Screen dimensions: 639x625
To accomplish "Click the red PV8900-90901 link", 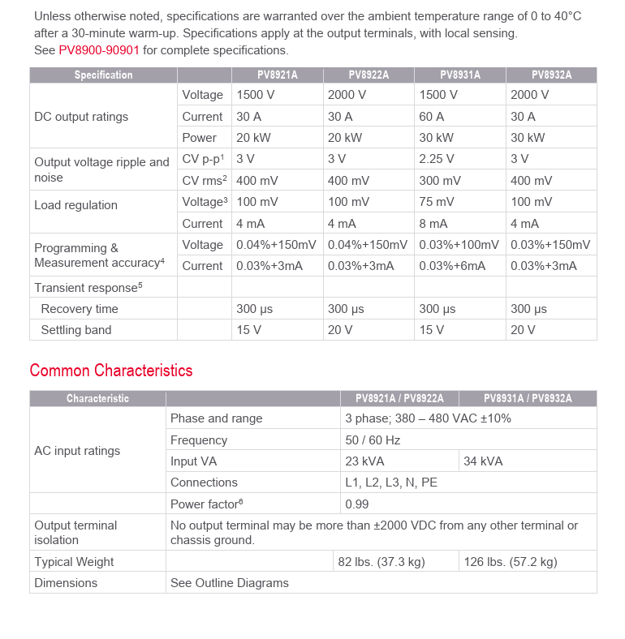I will click(99, 50).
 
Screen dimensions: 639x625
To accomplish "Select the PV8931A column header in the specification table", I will click(460, 75).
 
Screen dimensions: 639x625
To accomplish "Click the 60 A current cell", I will click(432, 117).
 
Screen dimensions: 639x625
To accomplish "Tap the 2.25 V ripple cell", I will click(437, 159).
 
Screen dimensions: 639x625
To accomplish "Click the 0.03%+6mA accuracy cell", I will click(452, 266).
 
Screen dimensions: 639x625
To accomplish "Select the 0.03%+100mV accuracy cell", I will click(459, 245).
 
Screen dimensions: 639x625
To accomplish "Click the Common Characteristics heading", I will click(111, 371).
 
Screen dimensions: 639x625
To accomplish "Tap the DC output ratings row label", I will click(81, 117).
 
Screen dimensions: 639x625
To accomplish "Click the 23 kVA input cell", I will click(364, 461).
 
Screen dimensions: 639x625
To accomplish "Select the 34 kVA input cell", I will click(483, 461).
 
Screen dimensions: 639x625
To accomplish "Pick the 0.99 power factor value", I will click(357, 504).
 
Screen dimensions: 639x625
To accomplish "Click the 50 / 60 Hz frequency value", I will click(373, 440).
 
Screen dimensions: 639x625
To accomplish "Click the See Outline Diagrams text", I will click(229, 583).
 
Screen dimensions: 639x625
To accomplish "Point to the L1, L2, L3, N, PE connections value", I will click(391, 482).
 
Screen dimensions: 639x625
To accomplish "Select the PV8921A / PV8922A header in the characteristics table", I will click(399, 398).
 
